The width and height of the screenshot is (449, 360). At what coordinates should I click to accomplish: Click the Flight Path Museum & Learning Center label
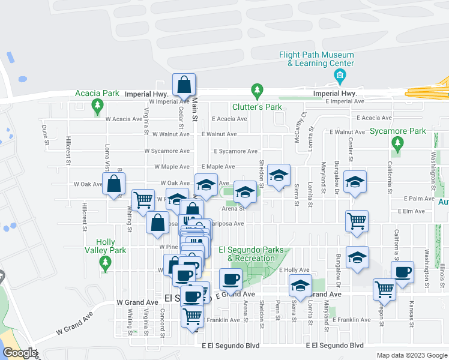pyautogui.click(x=316, y=59)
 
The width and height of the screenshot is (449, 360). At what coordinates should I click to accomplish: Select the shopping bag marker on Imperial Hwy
pyautogui.click(x=184, y=85)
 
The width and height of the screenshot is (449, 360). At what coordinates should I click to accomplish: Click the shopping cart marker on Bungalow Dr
pyautogui.click(x=357, y=221)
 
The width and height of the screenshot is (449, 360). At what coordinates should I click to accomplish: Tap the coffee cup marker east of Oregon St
pyautogui.click(x=403, y=272)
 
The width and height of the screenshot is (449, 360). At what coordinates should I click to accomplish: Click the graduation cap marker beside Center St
pyautogui.click(x=355, y=182)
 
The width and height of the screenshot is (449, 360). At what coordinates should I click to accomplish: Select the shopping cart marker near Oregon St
pyautogui.click(x=384, y=289)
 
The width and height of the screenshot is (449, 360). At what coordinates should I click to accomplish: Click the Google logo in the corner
pyautogui.click(x=19, y=353)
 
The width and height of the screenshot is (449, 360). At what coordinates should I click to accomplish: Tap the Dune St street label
pyautogui.click(x=45, y=135)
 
